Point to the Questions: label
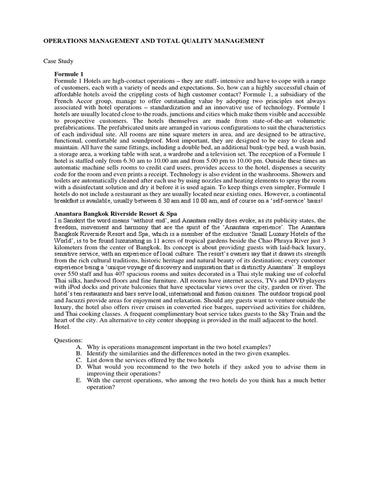point(70,340)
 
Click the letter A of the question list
point(78,346)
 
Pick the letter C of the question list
point(78,359)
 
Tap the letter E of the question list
point(78,380)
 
